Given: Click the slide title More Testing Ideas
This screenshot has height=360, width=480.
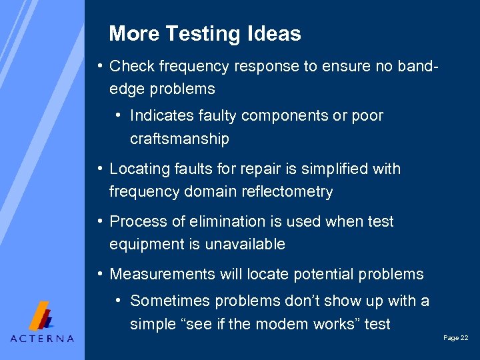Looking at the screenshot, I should [x=205, y=33].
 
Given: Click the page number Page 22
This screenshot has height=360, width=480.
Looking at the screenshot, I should [x=455, y=339].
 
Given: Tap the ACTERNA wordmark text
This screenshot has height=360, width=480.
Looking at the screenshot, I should [x=42, y=338].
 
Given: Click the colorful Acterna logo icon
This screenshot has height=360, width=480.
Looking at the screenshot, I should [x=42, y=315].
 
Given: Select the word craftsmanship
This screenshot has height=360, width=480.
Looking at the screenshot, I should [x=179, y=139].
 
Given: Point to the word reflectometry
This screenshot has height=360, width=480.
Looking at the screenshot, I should [x=289, y=192].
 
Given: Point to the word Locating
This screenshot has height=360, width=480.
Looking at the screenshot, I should [x=137, y=169].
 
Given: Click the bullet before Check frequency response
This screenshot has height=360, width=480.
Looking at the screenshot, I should [x=99, y=65].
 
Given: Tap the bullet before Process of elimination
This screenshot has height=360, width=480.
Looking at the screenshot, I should [x=99, y=221].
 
